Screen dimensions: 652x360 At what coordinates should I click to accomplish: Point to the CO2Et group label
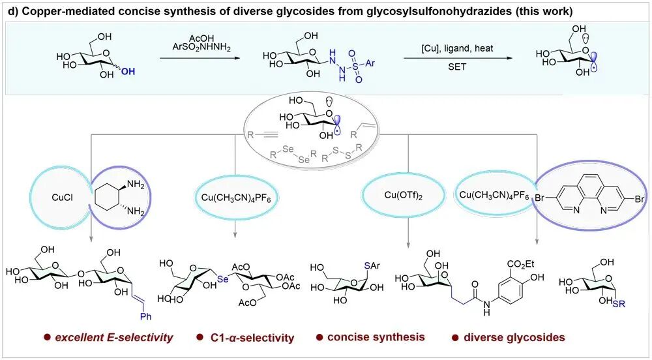coord(517,252)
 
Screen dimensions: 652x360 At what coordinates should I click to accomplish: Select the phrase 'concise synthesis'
coord(377,337)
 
